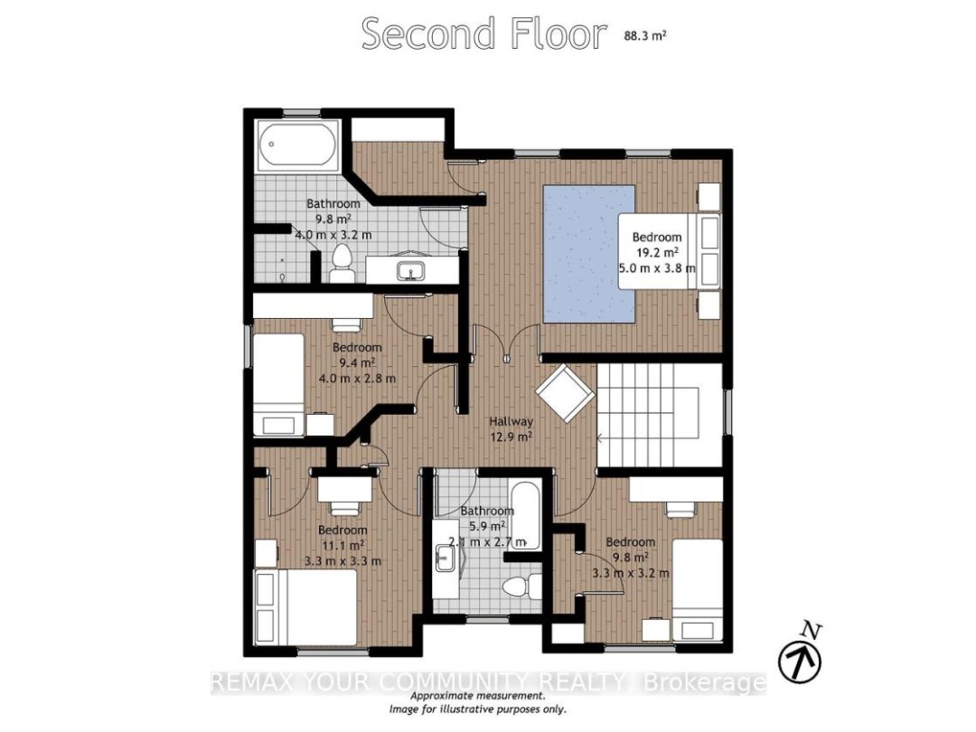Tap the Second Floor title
(483, 33)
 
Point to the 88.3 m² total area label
(645, 35)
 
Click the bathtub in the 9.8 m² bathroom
(297, 145)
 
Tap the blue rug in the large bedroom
(589, 253)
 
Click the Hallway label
(511, 421)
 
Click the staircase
(659, 415)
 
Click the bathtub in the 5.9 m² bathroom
(526, 515)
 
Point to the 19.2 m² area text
(657, 252)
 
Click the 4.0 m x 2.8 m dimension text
(357, 378)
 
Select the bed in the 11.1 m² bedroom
(305, 607)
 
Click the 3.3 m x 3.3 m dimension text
(343, 560)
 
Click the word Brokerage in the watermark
(704, 683)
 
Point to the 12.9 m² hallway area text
(511, 436)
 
